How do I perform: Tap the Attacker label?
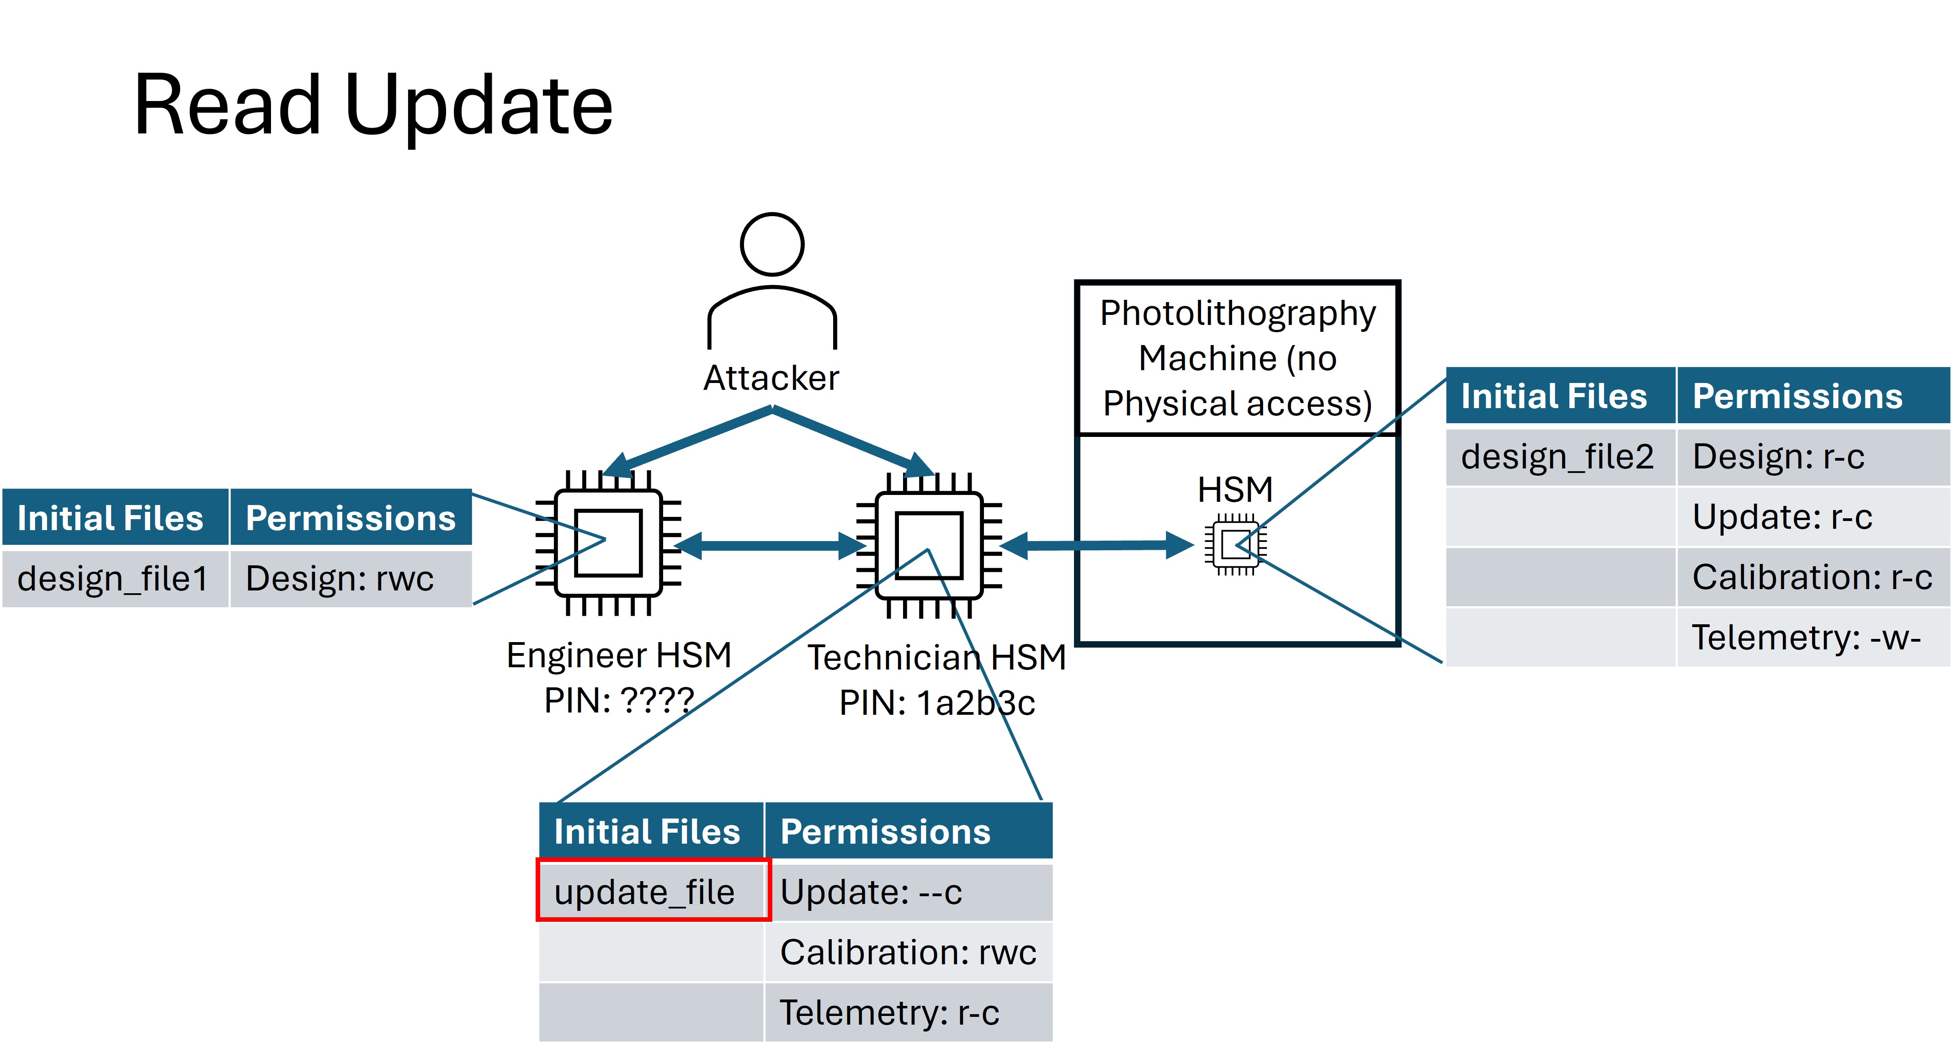771,377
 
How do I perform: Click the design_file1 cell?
114,579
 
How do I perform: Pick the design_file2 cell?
1557,457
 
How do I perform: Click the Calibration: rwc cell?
907,952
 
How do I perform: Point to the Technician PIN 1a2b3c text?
937,702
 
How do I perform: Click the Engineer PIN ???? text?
619,700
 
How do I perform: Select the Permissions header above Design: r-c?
1797,396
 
